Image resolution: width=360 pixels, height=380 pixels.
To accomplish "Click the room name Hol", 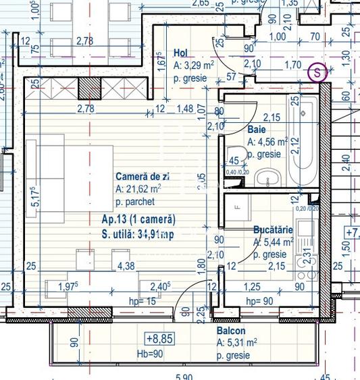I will pos(180,53).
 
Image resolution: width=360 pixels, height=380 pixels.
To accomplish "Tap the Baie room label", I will pos(256,128).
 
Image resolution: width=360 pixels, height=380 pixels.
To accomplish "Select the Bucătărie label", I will pos(273,229).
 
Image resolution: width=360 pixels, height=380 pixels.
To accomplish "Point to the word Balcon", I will pos(231,331).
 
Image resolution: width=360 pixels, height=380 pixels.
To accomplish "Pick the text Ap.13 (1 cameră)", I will pos(138,220).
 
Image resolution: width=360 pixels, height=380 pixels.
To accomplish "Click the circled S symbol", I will pos(317,72).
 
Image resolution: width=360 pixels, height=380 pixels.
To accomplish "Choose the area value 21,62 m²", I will pos(138,189).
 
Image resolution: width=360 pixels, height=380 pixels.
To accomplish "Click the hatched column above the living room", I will pos(88,88).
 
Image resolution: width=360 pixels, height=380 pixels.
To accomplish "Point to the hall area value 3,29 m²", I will pos(195,66).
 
